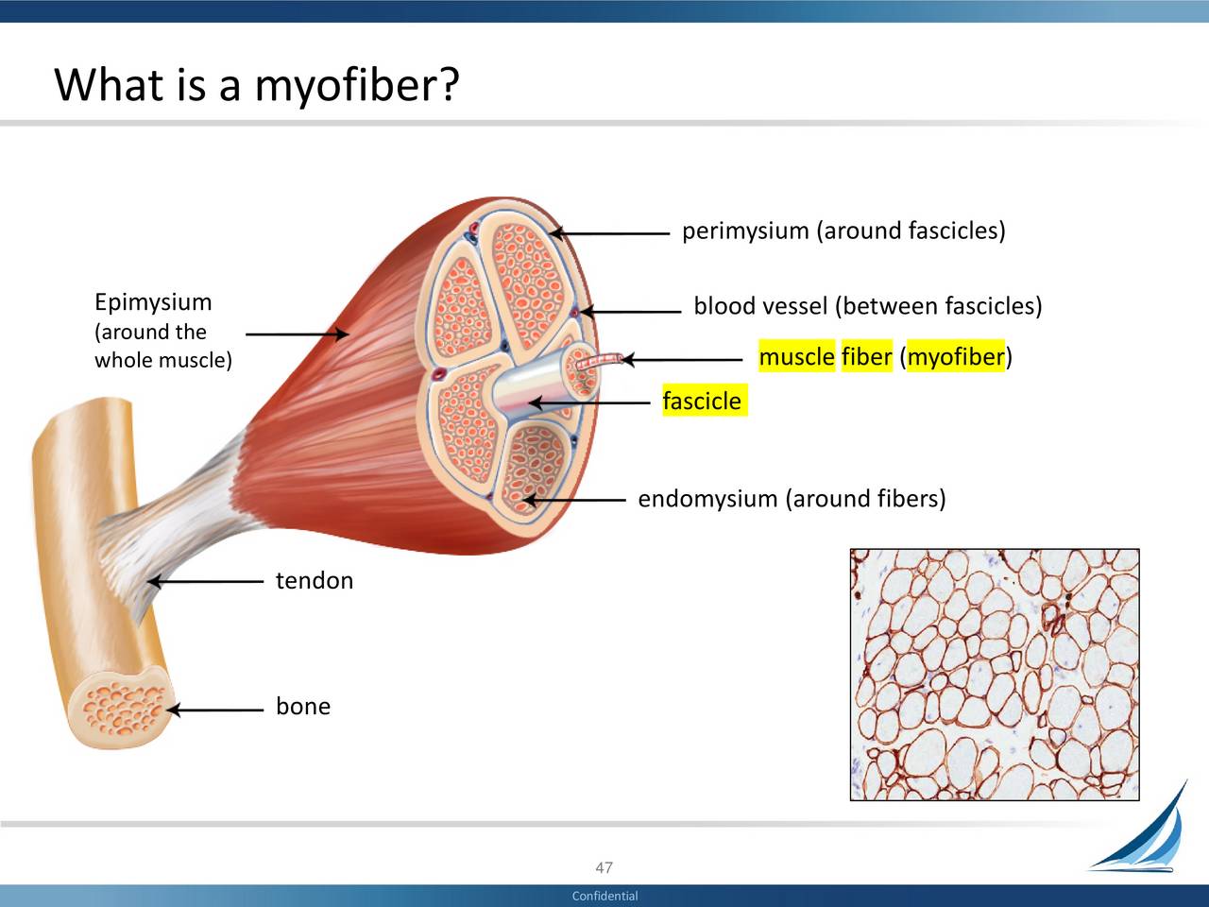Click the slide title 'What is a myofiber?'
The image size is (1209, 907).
tap(256, 85)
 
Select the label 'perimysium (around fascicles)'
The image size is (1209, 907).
tap(843, 231)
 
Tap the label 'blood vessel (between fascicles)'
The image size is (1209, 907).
tap(867, 307)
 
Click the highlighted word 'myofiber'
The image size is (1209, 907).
tap(955, 357)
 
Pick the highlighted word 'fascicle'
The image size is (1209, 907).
tap(702, 402)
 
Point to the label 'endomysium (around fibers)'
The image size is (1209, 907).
tap(792, 499)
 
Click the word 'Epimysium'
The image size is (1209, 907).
tap(153, 302)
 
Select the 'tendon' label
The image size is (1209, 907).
tap(314, 581)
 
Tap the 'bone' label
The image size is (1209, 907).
tap(302, 707)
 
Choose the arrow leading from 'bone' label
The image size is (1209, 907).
tap(215, 710)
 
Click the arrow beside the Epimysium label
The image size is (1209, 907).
tap(297, 334)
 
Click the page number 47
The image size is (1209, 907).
tap(604, 867)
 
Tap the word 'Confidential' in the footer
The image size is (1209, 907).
tap(604, 896)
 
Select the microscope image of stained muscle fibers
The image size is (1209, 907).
tap(994, 675)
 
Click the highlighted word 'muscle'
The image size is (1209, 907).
tap(796, 357)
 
